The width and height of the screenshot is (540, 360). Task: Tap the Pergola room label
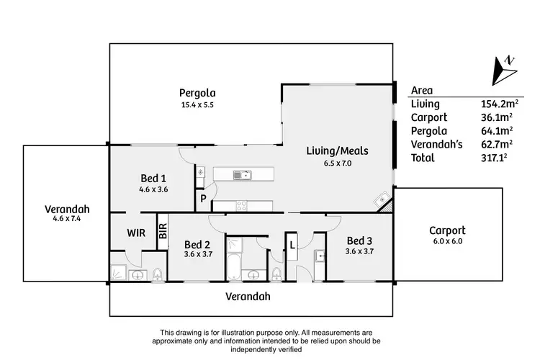pos(197,92)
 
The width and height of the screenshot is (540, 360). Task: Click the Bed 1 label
pos(153,178)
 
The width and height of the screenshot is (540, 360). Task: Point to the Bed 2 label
pos(197,244)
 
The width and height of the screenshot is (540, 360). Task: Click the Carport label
pos(447,230)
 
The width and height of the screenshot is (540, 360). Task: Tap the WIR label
pos(138,233)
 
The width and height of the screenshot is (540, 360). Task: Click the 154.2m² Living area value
pos(496,104)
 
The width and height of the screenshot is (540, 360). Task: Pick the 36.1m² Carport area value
pos(496,117)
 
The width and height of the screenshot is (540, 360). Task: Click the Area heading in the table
pos(421,91)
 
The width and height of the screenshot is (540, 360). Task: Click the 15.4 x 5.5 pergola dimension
pos(197,105)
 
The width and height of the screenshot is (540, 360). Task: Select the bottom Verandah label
pos(252,296)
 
